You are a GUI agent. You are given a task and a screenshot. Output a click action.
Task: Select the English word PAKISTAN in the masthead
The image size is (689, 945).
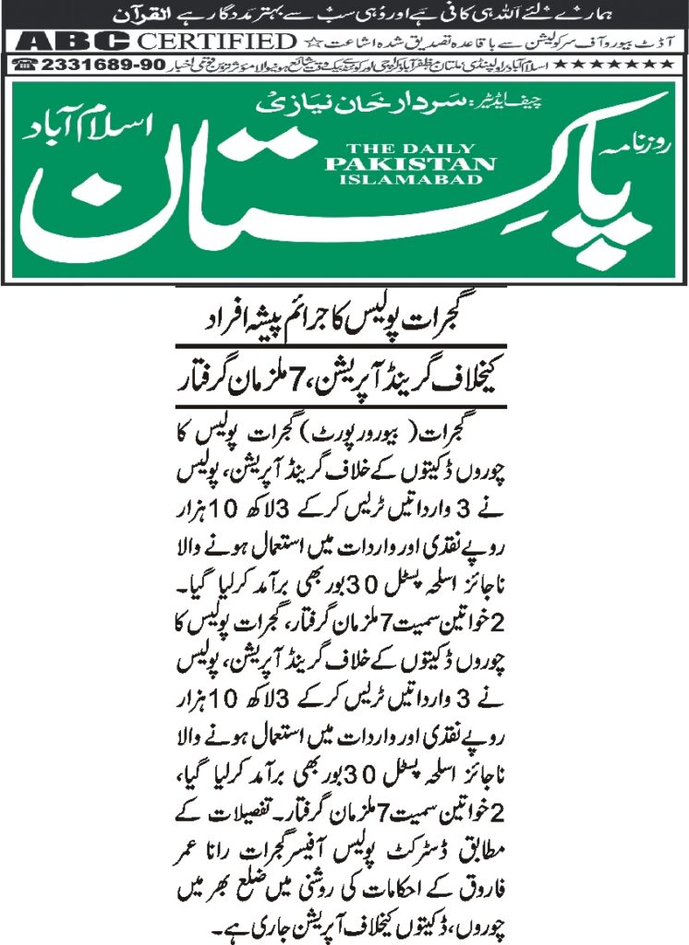pos(409,163)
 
